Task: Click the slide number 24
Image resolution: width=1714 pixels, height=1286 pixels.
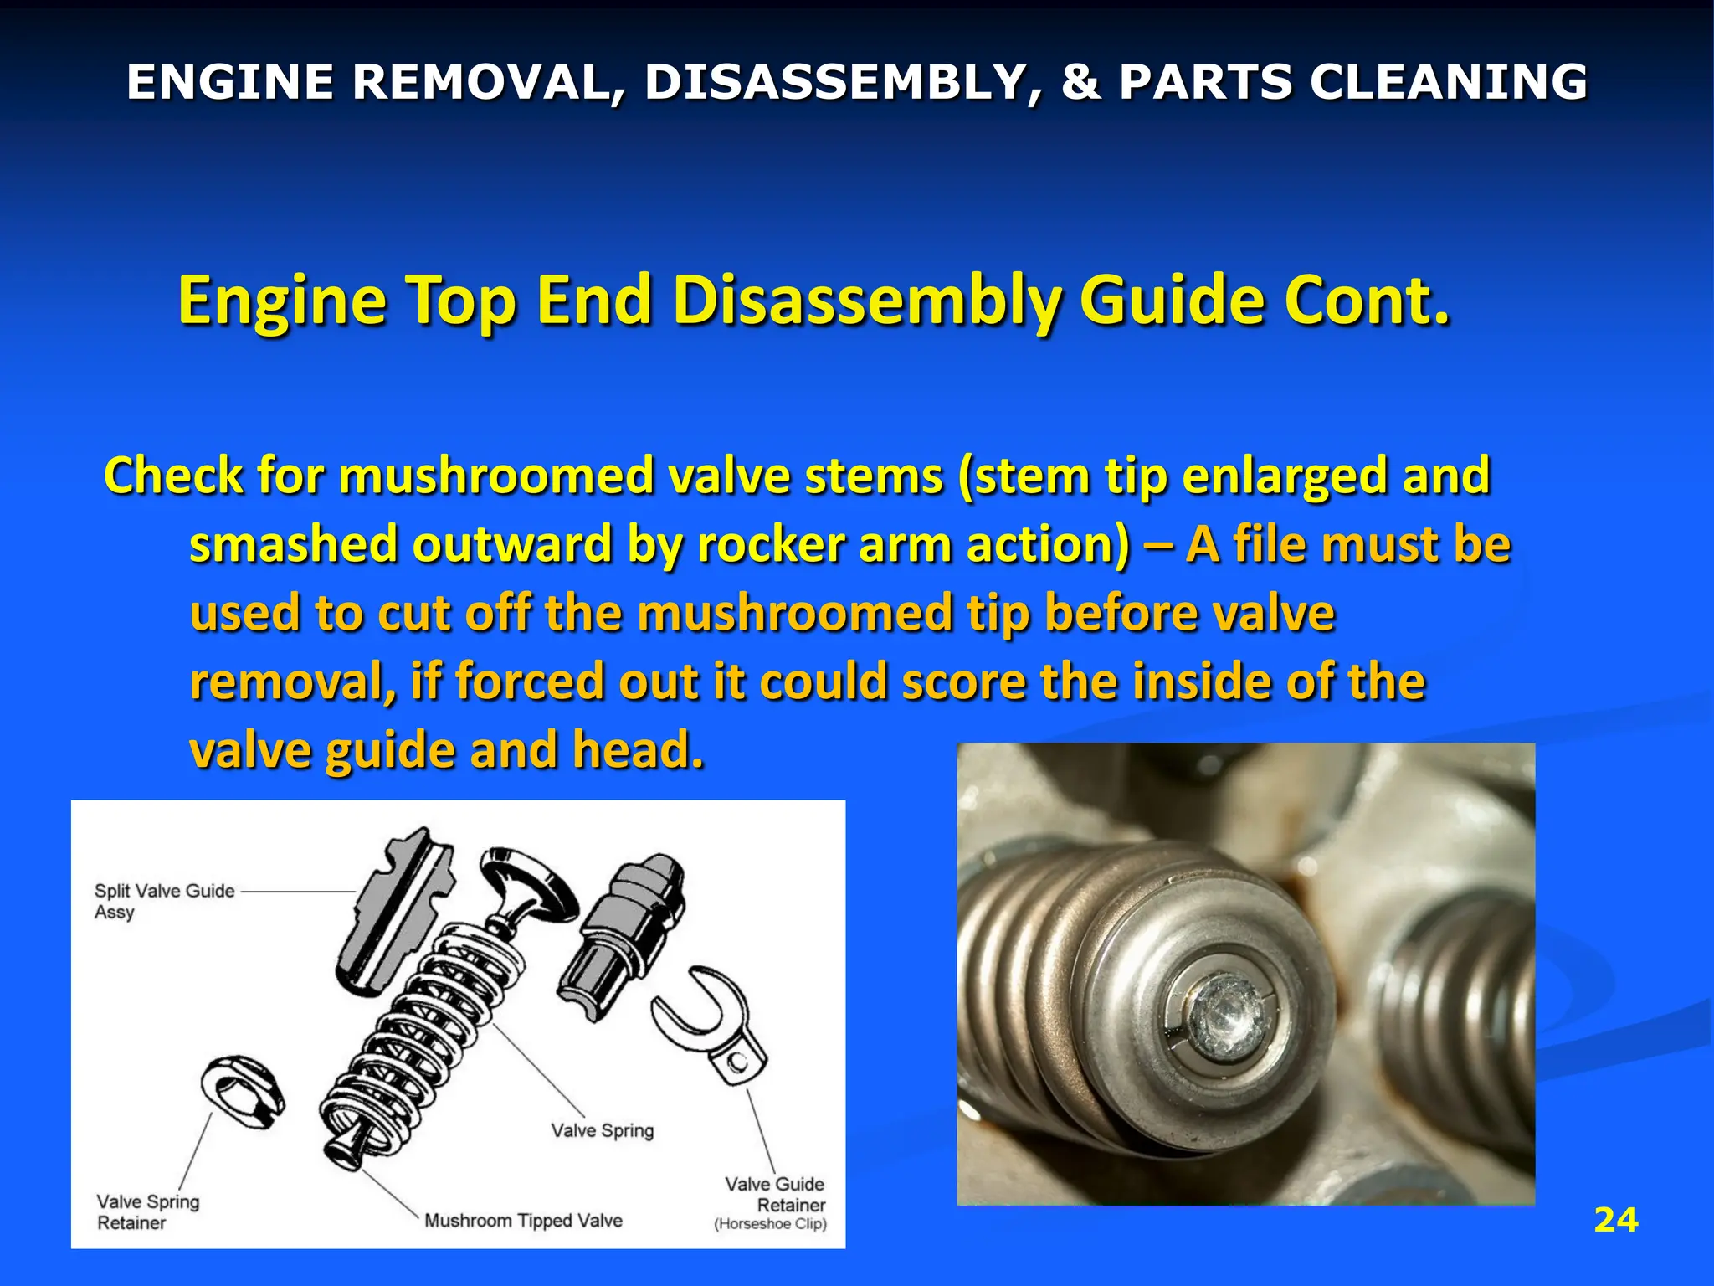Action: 1615,1220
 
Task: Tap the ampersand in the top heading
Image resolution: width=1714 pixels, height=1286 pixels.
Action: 1080,82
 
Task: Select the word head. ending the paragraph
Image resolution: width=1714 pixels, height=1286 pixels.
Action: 638,749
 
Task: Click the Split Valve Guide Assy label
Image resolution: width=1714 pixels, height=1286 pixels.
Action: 164,901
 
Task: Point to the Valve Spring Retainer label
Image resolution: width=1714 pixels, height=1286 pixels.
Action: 147,1211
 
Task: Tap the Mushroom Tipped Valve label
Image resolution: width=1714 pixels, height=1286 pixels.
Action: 523,1220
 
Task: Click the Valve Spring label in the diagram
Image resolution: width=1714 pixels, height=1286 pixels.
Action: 602,1130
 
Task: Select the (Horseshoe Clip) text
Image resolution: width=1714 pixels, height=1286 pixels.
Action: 770,1224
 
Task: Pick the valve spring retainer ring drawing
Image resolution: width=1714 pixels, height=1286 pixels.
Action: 242,1089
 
